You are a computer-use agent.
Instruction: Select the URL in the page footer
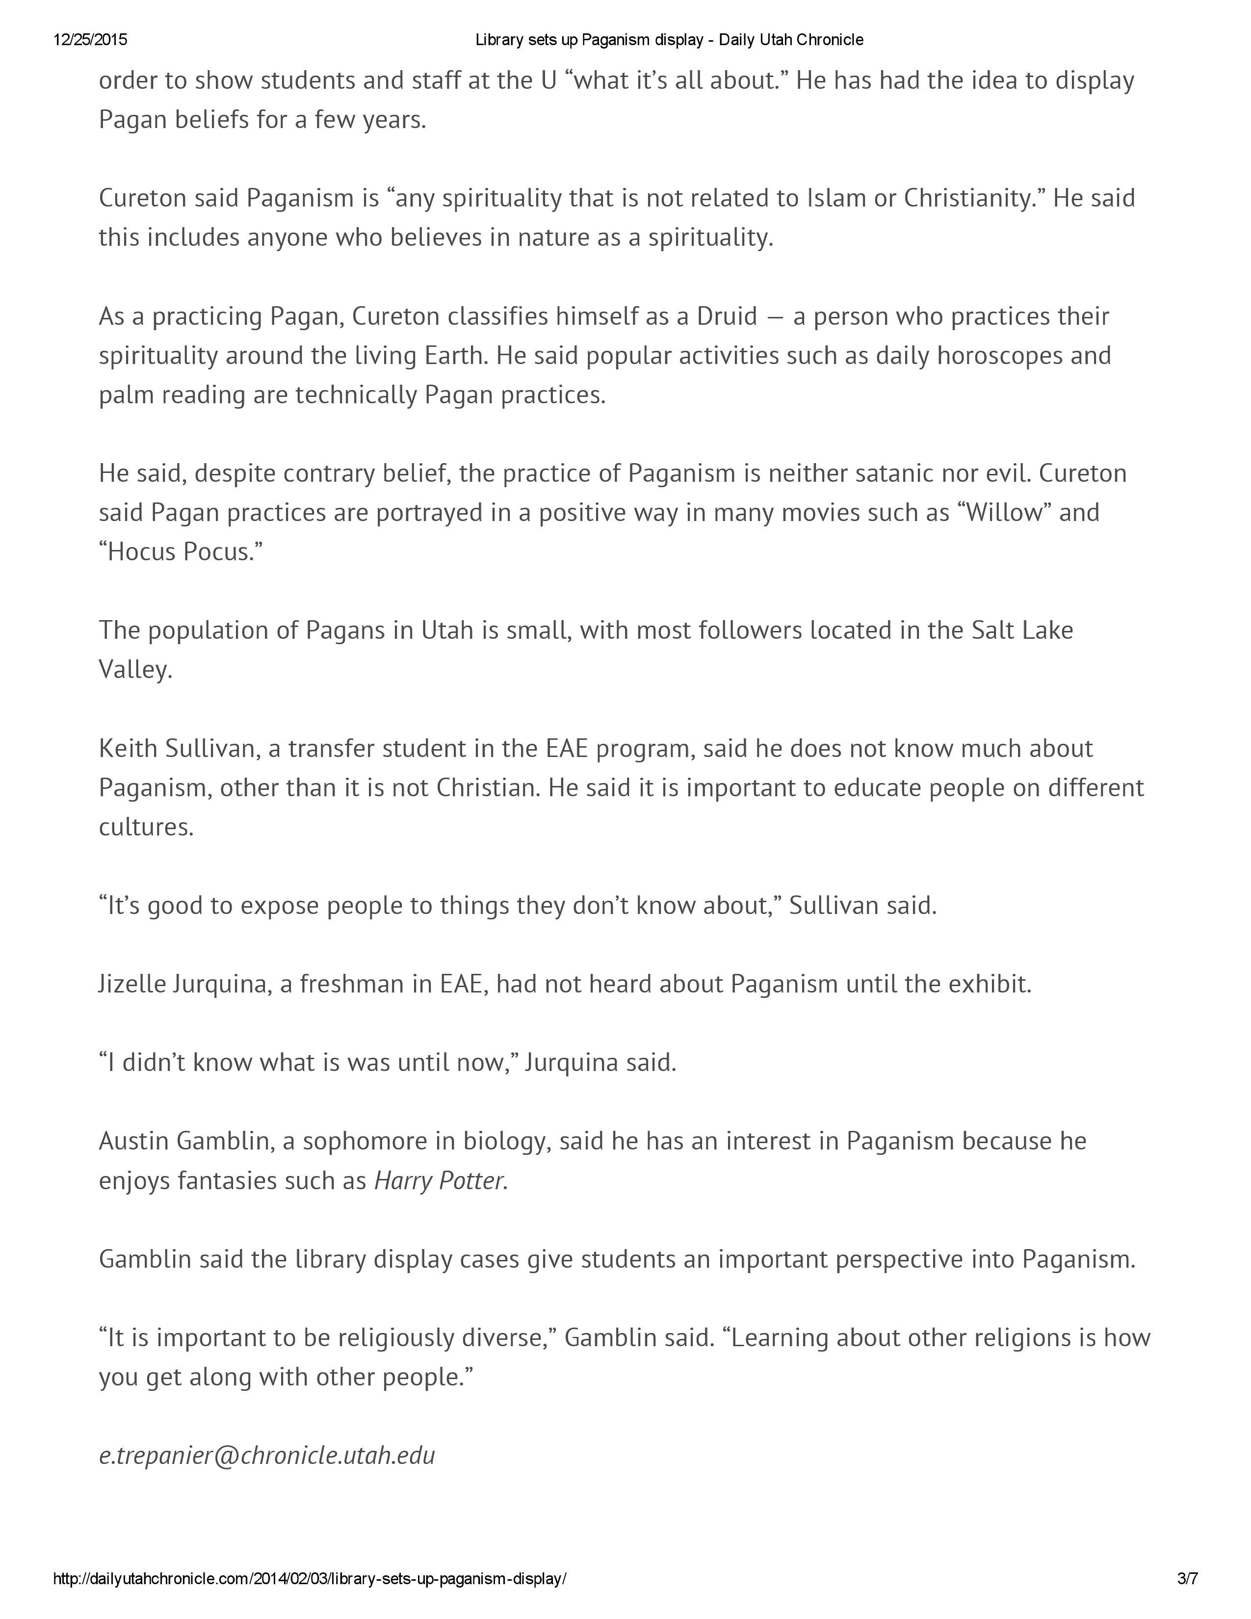310,1579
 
